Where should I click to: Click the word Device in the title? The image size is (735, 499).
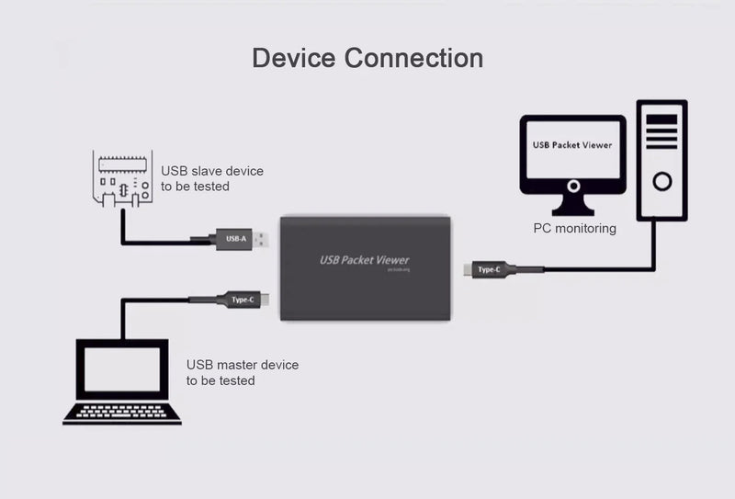click(x=294, y=58)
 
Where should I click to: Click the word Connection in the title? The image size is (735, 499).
click(x=413, y=58)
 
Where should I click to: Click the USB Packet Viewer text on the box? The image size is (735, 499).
click(x=364, y=260)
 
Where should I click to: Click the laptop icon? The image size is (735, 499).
click(x=121, y=381)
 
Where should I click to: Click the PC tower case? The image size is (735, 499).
click(x=661, y=160)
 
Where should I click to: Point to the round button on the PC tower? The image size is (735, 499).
click(x=661, y=180)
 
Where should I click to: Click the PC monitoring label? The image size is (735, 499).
click(x=574, y=228)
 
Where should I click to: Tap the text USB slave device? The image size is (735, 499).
click(x=212, y=171)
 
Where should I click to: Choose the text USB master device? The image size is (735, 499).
click(x=243, y=365)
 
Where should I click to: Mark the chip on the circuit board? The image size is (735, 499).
click(x=120, y=163)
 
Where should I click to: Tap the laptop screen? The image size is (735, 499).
click(x=121, y=369)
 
